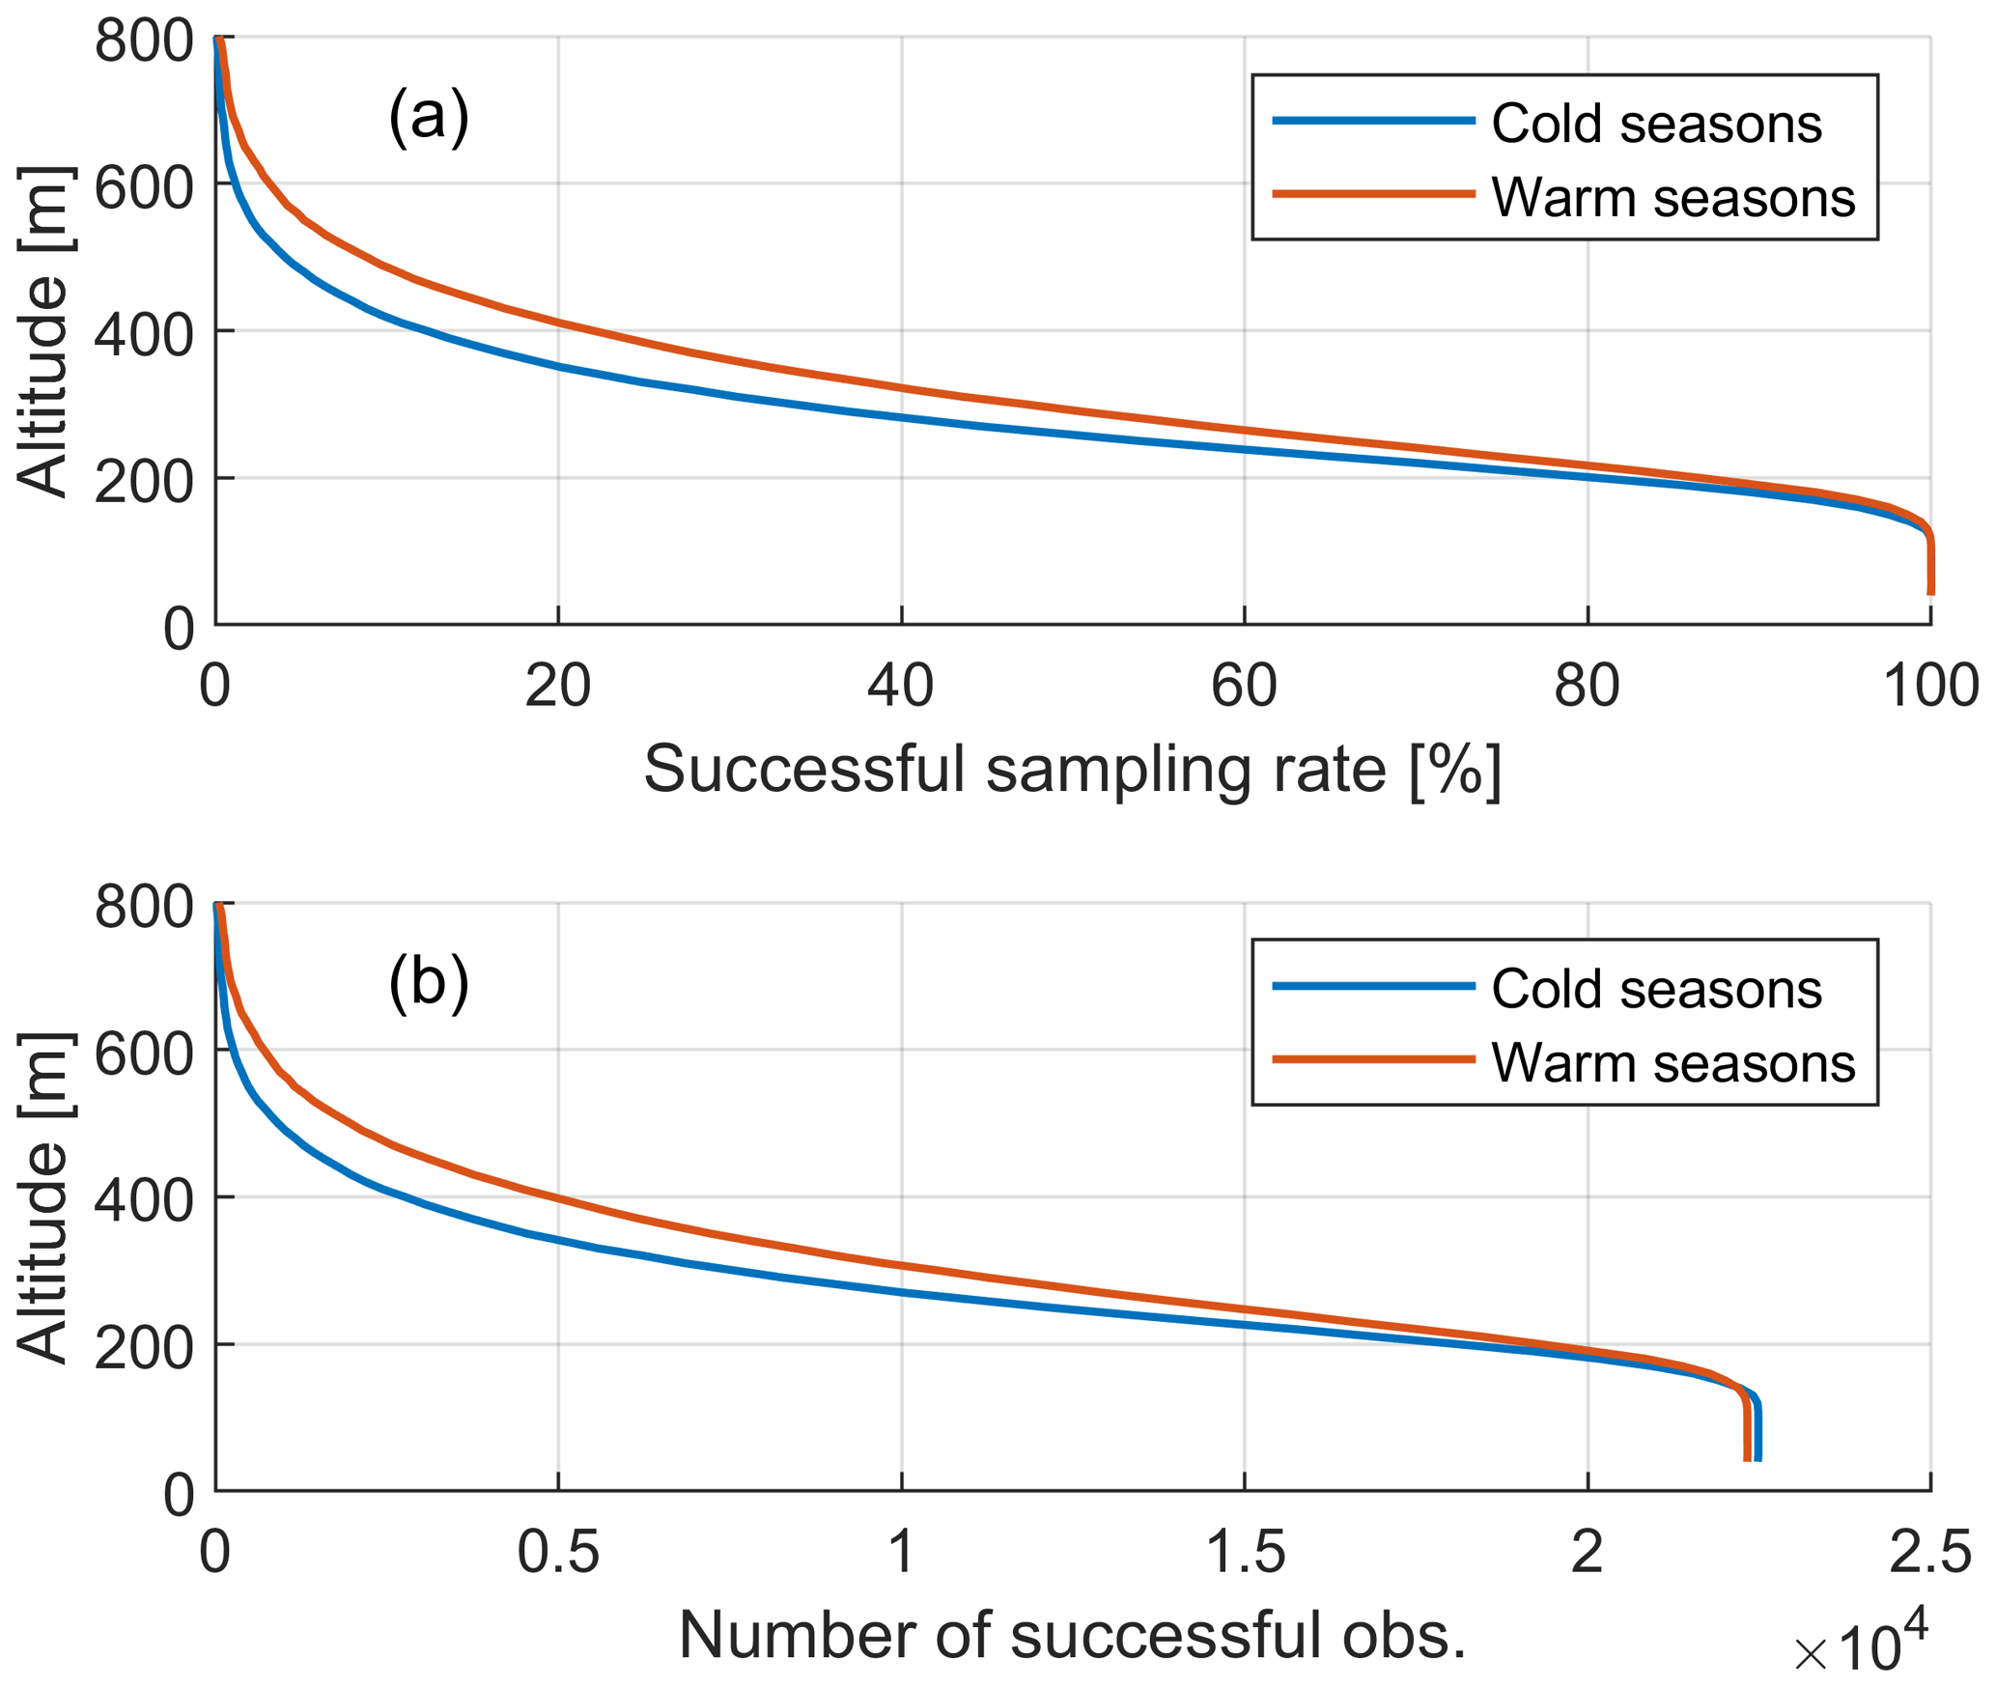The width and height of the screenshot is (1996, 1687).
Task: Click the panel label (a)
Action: point(428,116)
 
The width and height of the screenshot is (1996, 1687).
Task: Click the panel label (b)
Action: point(428,982)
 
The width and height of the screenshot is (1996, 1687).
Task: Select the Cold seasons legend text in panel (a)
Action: point(1655,124)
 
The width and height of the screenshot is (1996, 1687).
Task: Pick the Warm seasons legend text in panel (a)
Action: point(1673,197)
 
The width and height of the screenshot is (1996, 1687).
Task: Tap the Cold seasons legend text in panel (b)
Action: point(1655,989)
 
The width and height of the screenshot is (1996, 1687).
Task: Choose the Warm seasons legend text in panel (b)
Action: point(1673,1062)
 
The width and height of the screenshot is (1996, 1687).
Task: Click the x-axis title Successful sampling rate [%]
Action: point(1072,770)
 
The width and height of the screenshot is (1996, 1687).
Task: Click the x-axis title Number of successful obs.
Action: point(1072,1635)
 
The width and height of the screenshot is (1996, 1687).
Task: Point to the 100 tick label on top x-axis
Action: point(1929,687)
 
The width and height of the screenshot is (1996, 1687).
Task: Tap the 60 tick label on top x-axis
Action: point(1244,687)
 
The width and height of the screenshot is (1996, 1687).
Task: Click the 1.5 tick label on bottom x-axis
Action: point(1246,1552)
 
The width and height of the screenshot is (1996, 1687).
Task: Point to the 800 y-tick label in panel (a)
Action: point(144,42)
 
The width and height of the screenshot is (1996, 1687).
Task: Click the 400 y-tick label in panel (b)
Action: point(144,1200)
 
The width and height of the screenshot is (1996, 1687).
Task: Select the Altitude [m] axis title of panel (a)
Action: point(43,331)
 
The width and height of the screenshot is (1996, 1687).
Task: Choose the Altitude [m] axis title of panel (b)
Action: point(43,1197)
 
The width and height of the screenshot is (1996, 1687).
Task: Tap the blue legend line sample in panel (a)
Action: point(1373,121)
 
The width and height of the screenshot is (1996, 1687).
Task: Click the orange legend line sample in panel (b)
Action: point(1373,1059)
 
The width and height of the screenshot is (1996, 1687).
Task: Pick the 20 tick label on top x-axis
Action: point(557,687)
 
